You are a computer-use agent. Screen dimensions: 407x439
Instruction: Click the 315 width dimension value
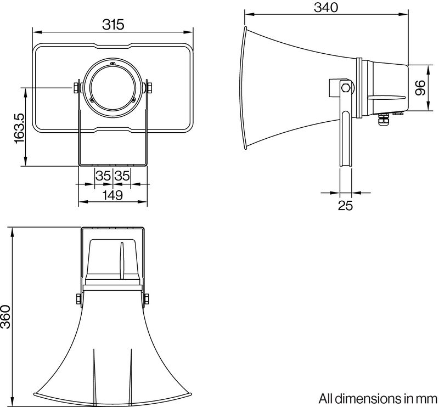pyautogui.click(x=113, y=24)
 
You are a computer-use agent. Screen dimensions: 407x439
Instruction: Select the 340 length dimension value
pyautogui.click(x=325, y=7)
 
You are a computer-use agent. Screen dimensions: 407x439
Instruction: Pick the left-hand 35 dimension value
pyautogui.click(x=103, y=176)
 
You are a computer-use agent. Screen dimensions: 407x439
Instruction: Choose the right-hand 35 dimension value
pyautogui.click(x=122, y=176)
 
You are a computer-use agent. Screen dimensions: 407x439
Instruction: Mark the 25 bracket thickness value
pyautogui.click(x=346, y=206)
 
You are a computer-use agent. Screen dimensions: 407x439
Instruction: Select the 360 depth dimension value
pyautogui.click(x=7, y=317)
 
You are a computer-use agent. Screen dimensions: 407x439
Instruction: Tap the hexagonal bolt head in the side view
pyautogui.click(x=345, y=87)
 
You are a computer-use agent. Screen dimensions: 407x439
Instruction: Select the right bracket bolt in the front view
pyautogui.click(x=149, y=87)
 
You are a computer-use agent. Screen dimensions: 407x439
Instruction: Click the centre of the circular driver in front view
pyautogui.click(x=112, y=87)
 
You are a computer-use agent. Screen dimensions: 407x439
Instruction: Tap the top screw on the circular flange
pyautogui.click(x=112, y=64)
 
